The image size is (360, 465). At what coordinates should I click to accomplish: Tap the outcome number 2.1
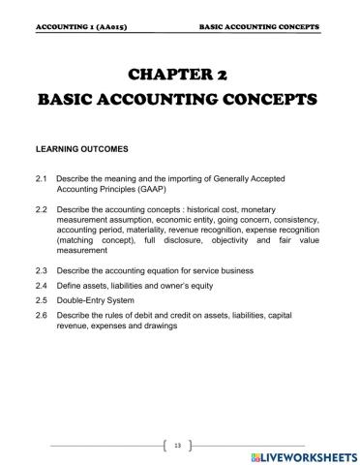click(40, 179)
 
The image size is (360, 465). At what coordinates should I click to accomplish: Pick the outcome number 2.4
click(40, 287)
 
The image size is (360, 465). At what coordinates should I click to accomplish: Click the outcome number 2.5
click(40, 301)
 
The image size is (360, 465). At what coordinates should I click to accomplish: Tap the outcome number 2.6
click(40, 316)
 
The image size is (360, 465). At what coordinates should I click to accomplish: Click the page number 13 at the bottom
click(179, 445)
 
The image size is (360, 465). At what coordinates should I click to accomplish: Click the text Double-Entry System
click(101, 301)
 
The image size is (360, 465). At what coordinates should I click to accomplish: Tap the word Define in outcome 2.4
click(70, 287)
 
